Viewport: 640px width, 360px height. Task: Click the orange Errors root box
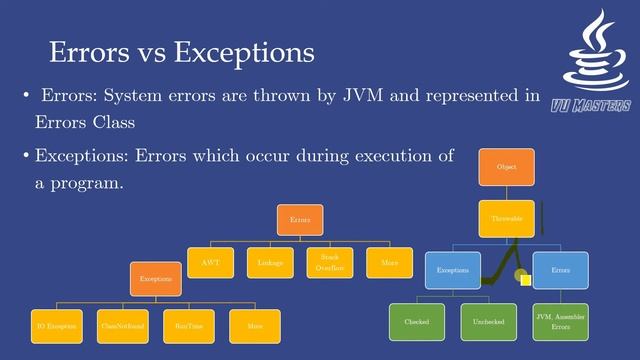point(300,219)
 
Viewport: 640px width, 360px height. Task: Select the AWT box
point(211,262)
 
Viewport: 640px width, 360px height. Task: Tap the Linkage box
point(270,262)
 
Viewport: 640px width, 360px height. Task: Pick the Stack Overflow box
point(330,262)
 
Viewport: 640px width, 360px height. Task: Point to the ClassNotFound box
point(122,326)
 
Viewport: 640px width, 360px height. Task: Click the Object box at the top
point(506,167)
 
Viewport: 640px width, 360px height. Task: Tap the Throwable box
point(506,218)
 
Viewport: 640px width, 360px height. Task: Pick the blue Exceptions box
point(454,270)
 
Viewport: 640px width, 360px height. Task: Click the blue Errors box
point(560,270)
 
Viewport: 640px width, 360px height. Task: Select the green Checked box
point(417,322)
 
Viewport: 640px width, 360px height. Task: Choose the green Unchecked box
point(489,322)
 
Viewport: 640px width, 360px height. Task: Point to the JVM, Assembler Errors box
point(561,322)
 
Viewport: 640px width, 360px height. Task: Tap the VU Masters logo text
point(590,105)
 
